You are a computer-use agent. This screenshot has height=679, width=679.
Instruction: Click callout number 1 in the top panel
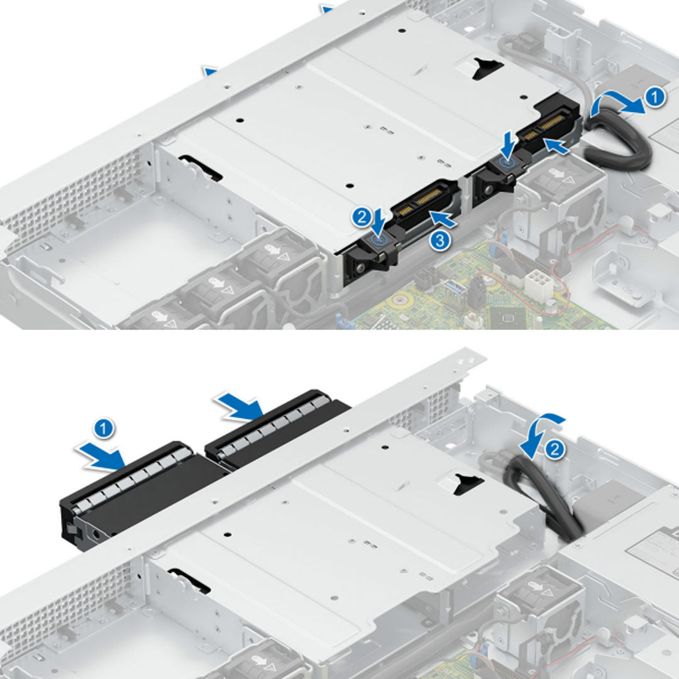coord(654,97)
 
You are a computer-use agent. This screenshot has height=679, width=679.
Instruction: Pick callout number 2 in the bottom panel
coord(554,449)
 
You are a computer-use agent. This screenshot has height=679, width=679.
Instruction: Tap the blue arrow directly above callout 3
coord(444,219)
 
